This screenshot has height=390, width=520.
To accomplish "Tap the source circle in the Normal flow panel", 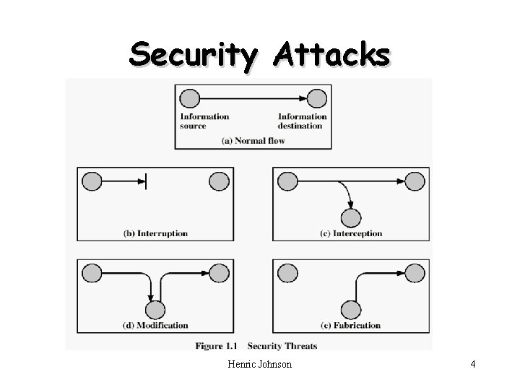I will (189, 97).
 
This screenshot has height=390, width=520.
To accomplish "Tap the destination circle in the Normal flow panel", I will (316, 97).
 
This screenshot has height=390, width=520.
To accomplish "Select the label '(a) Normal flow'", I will (253, 140).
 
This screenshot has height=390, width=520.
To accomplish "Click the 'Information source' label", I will (204, 121).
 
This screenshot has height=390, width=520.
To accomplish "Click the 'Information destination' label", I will (302, 121).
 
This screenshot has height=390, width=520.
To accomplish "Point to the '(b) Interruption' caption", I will (156, 233).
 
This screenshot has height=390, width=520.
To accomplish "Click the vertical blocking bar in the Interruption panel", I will (147, 181).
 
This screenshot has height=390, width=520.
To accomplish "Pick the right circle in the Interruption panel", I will (220, 181).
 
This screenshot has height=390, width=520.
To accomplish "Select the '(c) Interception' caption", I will (351, 233).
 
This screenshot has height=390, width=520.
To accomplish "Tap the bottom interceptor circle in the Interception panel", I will (351, 217).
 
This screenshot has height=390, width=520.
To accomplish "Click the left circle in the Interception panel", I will (287, 181).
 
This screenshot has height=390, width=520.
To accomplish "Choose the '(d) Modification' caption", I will (156, 325).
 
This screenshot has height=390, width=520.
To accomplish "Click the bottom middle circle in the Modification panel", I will (155, 310).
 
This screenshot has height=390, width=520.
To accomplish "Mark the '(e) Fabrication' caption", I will (351, 325).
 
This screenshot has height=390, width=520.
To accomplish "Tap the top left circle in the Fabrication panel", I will (287, 273).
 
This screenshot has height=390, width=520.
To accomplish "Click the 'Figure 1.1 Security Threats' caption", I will (256, 346).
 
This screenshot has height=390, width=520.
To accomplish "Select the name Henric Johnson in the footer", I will (259, 365).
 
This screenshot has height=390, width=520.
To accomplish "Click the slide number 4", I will (472, 365).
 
